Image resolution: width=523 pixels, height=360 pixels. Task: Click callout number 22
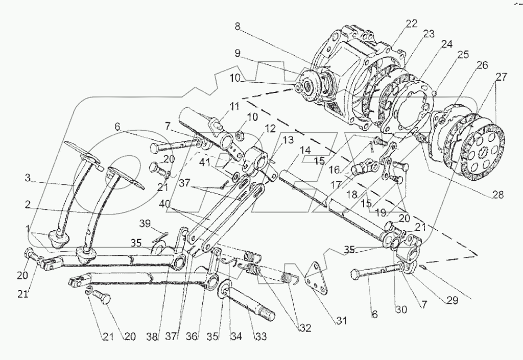click(x=411, y=23)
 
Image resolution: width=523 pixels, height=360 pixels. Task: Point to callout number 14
click(x=305, y=150)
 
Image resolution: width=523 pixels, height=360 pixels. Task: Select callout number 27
click(x=501, y=78)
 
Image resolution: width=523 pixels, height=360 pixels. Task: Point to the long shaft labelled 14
click(x=332, y=202)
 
